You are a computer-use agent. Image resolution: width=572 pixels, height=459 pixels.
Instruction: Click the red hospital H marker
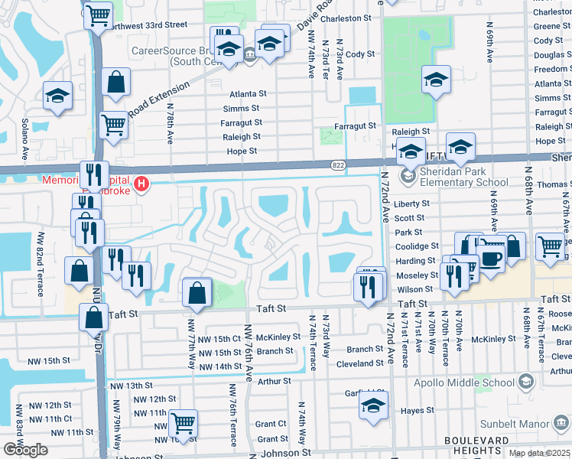141,184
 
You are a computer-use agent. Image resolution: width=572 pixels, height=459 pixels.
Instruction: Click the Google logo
25,450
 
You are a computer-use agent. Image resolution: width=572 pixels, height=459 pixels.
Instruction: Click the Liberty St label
413,204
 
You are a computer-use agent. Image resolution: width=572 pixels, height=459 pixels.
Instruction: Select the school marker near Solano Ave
57,95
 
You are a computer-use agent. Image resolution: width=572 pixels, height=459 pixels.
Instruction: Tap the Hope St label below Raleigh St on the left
242,151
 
